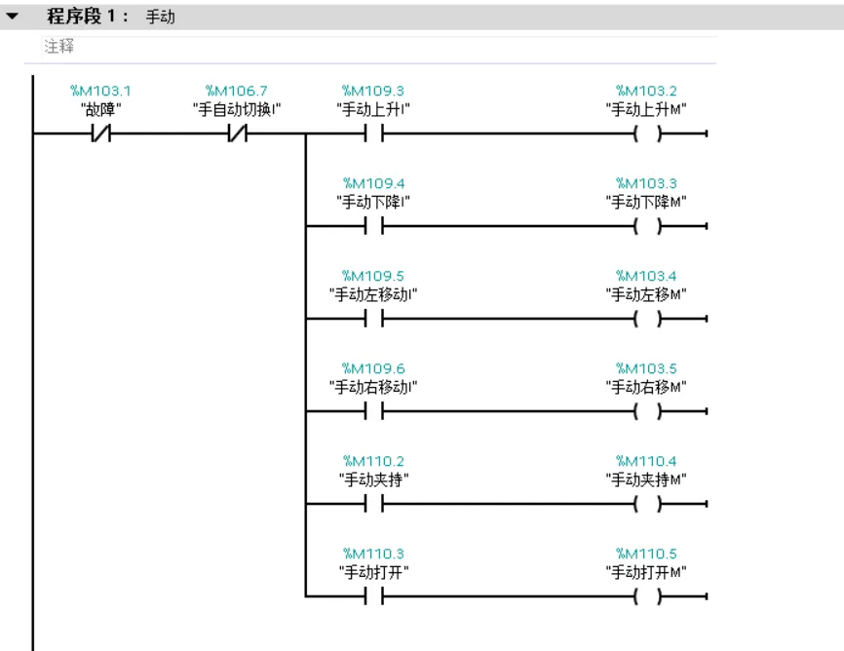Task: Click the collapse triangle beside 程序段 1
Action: (12, 17)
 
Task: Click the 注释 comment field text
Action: (59, 47)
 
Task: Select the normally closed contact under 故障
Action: (100, 133)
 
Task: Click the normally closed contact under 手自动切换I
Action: (238, 133)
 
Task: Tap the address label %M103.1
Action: (100, 91)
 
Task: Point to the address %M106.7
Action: (237, 91)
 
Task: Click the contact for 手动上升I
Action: (373, 133)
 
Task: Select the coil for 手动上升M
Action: (647, 133)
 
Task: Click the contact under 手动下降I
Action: (373, 226)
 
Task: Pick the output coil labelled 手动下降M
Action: (647, 226)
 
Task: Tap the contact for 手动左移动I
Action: (373, 319)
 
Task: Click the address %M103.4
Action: (646, 276)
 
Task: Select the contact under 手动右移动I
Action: (373, 411)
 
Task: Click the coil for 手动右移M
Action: (647, 411)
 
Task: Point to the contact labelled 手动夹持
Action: (373, 504)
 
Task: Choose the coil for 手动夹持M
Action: (647, 504)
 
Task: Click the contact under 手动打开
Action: (373, 596)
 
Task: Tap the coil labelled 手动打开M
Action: (647, 596)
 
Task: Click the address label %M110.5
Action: (646, 554)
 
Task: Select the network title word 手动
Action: (161, 17)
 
